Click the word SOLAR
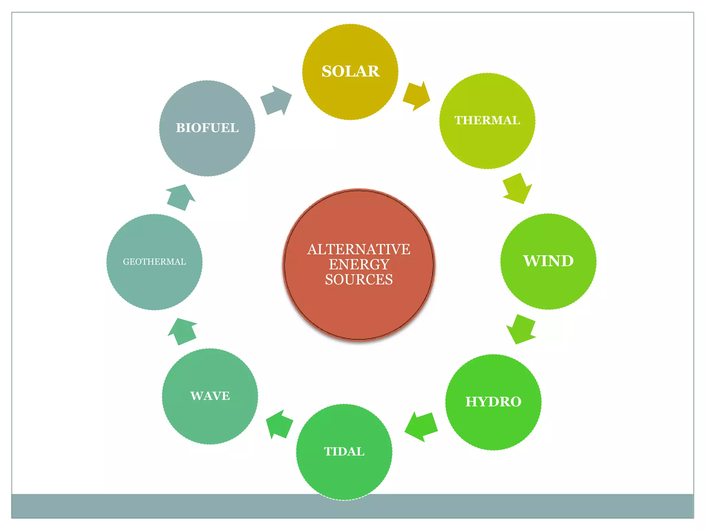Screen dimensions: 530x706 [x=350, y=71]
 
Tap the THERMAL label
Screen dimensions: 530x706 [x=487, y=120]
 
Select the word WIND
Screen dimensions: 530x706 [x=548, y=261]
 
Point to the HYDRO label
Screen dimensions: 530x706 [x=493, y=402]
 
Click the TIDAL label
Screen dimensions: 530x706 [x=344, y=451]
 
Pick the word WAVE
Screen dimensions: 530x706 [x=210, y=396]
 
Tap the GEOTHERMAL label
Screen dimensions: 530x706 [x=154, y=262]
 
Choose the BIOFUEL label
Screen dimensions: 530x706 [x=207, y=128]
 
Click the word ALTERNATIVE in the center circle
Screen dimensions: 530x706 [x=359, y=249]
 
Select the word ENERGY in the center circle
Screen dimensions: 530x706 [x=359, y=264]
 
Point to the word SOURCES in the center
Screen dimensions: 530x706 [x=359, y=279]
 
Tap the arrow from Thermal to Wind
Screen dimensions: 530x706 [x=517, y=188]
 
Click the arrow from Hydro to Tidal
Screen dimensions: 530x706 [x=421, y=426]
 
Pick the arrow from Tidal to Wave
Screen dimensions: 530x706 [x=280, y=424]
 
